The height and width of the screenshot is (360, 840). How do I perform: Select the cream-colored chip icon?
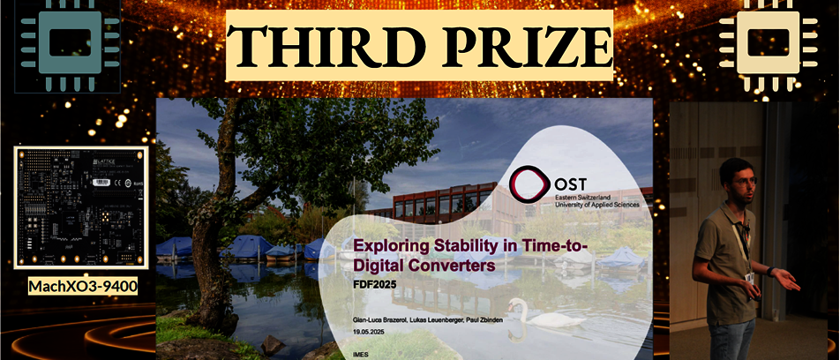[x=769, y=43]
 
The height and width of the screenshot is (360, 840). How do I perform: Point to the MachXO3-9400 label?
[x=83, y=287]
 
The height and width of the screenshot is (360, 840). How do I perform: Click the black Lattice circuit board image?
[x=81, y=206]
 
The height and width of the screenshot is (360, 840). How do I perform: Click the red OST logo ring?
[x=529, y=184]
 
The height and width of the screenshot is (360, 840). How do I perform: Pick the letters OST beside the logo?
[x=571, y=184]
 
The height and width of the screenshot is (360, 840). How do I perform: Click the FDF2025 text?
[x=374, y=284]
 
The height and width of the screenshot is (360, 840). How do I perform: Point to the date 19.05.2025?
[x=365, y=329]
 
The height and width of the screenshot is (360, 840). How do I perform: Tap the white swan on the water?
[x=539, y=316]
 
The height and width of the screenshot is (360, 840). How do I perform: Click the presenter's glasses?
[x=745, y=182]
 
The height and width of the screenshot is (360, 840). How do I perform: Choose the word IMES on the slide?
[x=360, y=356]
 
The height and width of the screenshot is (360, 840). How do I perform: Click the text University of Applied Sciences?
[x=597, y=204]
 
